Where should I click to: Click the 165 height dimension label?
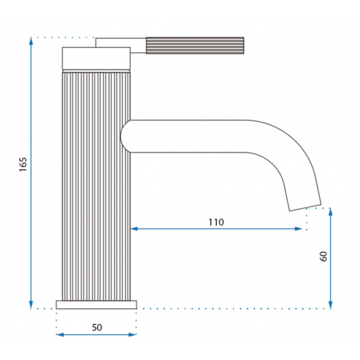click(x=23, y=164)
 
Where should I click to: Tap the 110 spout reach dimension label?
click(x=216, y=222)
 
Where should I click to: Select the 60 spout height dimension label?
click(x=323, y=256)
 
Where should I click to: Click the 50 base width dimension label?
click(x=97, y=328)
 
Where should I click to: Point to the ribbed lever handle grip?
click(x=195, y=46)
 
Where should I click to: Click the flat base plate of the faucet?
click(x=97, y=305)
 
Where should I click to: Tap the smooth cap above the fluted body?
click(x=97, y=58)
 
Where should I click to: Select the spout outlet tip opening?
click(x=305, y=208)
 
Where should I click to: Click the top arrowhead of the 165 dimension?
click(x=31, y=41)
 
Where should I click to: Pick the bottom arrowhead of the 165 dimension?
click(x=31, y=305)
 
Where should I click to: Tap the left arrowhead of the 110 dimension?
click(x=134, y=229)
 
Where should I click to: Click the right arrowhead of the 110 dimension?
click(x=298, y=229)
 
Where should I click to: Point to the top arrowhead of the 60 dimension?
click(x=331, y=212)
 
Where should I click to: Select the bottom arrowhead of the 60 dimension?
click(x=331, y=305)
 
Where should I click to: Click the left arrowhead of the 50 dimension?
click(x=60, y=335)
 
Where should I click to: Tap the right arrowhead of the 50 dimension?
click(x=133, y=335)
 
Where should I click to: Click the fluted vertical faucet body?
click(x=97, y=186)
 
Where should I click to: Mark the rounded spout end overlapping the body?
click(x=125, y=136)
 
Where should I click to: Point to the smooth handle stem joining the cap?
click(x=121, y=43)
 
